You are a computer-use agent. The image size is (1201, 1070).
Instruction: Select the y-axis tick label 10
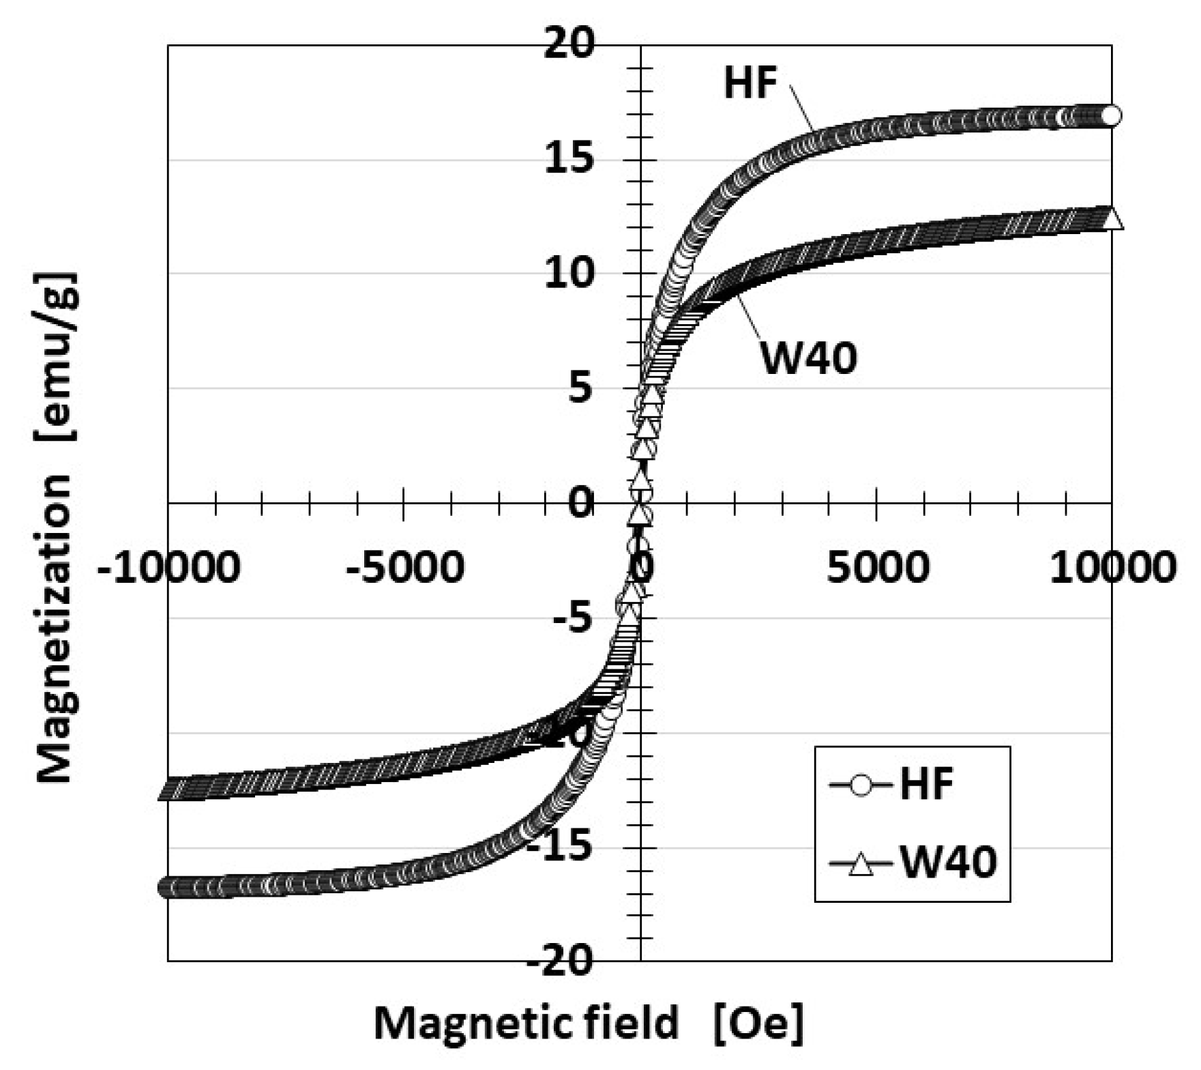[569, 274]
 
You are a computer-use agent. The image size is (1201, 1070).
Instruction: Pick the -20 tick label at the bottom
[561, 961]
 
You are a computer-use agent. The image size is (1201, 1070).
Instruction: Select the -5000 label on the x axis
[405, 567]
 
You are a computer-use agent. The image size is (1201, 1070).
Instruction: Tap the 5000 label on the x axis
[878, 567]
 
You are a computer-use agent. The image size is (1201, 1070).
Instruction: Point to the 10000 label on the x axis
[1112, 567]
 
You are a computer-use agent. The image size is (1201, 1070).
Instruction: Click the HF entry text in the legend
[927, 784]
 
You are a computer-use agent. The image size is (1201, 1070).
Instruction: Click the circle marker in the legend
[862, 785]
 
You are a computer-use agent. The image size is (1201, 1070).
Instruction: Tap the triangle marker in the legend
[862, 864]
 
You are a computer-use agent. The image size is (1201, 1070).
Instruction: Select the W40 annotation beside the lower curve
[809, 358]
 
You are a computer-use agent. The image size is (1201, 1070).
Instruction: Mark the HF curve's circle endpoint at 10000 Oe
[1111, 116]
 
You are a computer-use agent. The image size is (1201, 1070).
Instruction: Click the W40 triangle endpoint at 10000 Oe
[1112, 219]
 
